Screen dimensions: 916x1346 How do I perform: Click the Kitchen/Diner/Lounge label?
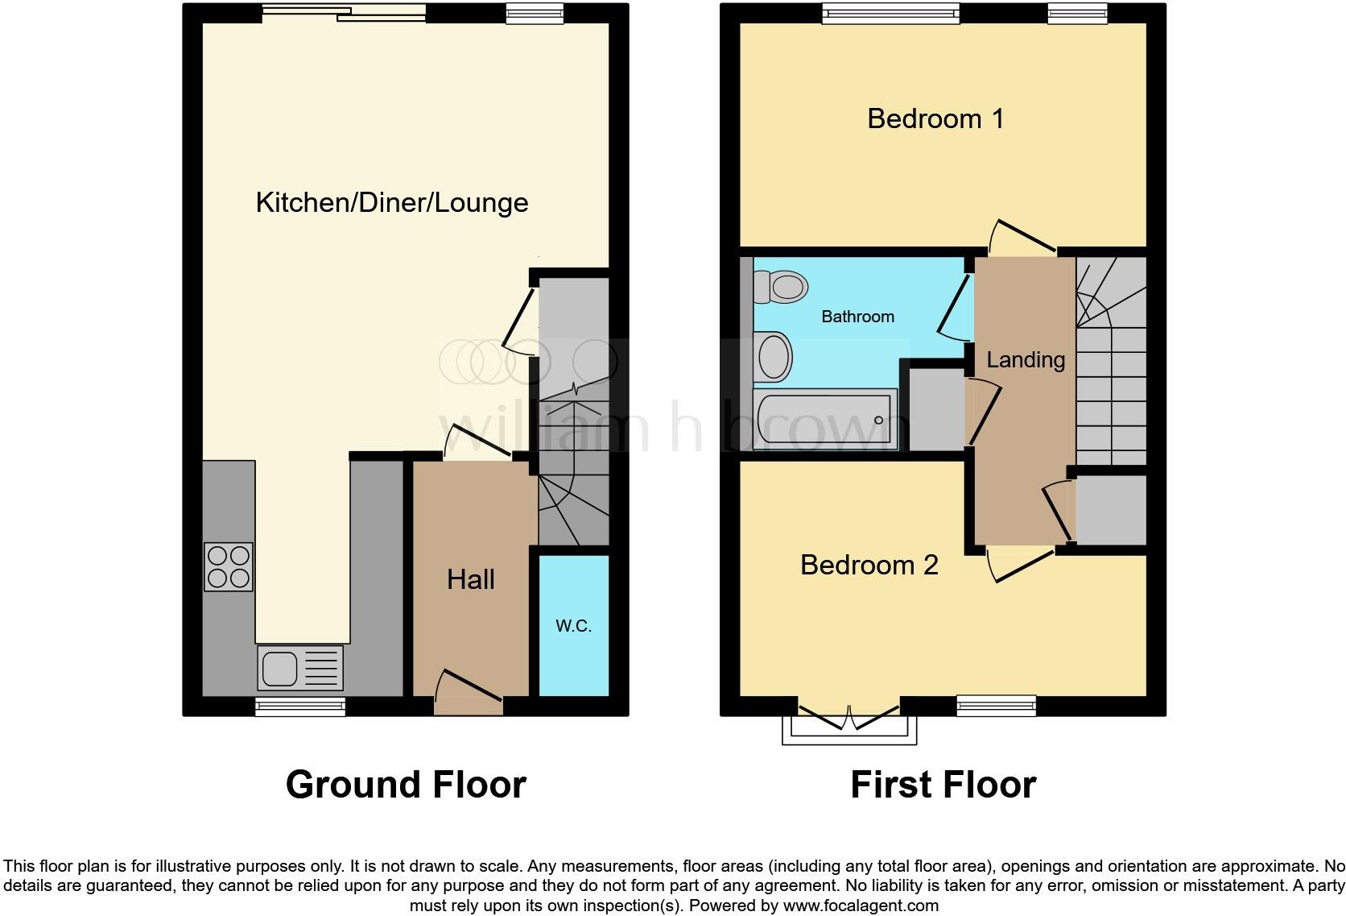[392, 202]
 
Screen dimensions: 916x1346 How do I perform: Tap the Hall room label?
[471, 579]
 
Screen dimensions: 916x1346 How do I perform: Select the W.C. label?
[573, 626]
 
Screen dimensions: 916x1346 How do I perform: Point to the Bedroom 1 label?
[935, 119]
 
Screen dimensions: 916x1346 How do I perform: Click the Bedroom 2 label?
[869, 565]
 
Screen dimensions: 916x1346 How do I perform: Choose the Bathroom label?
[857, 317]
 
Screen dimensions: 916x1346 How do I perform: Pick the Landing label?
[1026, 359]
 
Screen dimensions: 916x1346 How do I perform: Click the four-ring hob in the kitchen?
[229, 567]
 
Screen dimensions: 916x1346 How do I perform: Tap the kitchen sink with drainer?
[300, 668]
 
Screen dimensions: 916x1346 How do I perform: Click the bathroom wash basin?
[774, 357]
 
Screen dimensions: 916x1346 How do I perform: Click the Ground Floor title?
[406, 785]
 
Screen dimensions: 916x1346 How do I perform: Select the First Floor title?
[943, 785]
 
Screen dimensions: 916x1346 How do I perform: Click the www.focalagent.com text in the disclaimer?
[861, 906]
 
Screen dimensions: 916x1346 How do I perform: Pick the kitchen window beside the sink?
[300, 707]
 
